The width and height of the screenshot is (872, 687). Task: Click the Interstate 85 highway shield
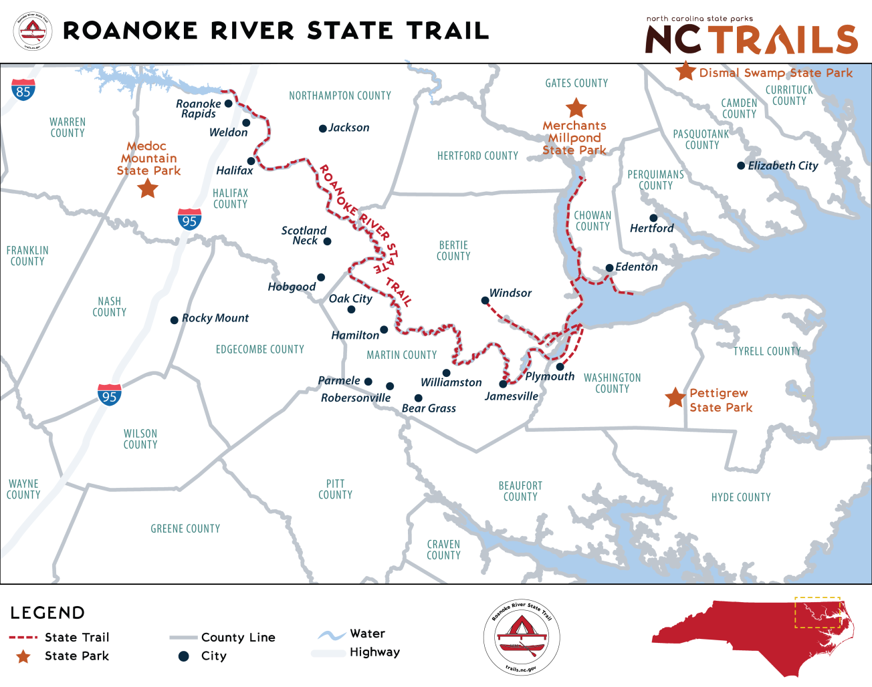coord(23,90)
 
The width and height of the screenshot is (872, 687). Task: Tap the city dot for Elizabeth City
coord(741,166)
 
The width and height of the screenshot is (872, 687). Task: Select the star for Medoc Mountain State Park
coord(148,188)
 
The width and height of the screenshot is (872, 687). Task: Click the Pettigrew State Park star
coord(675,398)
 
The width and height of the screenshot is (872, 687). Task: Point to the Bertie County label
coord(453,251)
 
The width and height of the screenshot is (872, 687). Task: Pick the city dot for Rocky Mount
coord(175,320)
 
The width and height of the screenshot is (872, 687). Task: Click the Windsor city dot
coord(485,301)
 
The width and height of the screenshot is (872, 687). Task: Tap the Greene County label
coord(185,529)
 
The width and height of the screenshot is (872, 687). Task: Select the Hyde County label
coord(741,497)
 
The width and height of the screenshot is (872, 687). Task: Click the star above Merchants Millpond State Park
coord(576,108)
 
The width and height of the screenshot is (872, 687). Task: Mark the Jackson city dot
coord(322,128)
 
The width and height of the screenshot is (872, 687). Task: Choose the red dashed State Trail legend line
coord(23,637)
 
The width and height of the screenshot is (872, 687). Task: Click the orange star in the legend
coord(23,656)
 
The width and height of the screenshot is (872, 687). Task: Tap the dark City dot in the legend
coord(184,656)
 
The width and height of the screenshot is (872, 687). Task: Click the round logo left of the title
coord(32,31)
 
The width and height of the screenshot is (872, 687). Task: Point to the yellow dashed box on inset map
coord(817,612)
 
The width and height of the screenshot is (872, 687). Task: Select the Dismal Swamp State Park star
coord(685,71)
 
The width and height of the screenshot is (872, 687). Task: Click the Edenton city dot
coord(609,268)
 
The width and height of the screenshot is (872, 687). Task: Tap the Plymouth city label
coord(550,376)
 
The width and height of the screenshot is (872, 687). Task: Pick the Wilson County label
coord(140,439)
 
